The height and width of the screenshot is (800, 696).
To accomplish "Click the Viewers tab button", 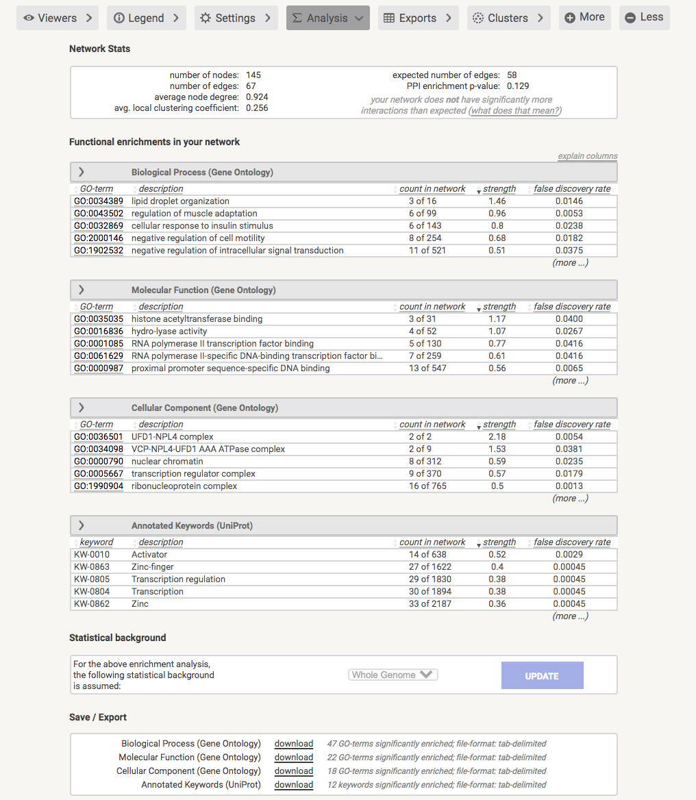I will [x=58, y=18].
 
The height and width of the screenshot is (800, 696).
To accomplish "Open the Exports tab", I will [x=417, y=18].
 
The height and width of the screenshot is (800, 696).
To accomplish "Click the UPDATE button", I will [x=542, y=675].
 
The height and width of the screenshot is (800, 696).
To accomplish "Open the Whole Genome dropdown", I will [x=393, y=675].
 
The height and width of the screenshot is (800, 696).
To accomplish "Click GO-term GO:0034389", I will [x=99, y=201].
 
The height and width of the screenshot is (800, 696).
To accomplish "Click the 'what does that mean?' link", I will [x=515, y=111].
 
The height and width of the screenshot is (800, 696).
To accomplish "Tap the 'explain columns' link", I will [x=587, y=156].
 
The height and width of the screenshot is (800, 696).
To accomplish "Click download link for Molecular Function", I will [x=294, y=758].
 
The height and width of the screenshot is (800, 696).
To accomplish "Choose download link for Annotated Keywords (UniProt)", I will [x=294, y=785].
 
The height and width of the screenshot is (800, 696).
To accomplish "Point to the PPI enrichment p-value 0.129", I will [x=518, y=86].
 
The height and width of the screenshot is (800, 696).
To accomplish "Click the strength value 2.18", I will [x=497, y=437].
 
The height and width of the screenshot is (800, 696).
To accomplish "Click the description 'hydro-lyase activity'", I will [x=169, y=332].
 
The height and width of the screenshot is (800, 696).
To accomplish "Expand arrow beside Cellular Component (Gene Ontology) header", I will [x=82, y=408].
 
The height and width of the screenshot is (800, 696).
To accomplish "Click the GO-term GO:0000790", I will [x=99, y=462].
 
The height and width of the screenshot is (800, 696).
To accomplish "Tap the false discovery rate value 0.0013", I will [x=569, y=486].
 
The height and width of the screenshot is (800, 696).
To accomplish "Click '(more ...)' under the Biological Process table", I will [x=570, y=263].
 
